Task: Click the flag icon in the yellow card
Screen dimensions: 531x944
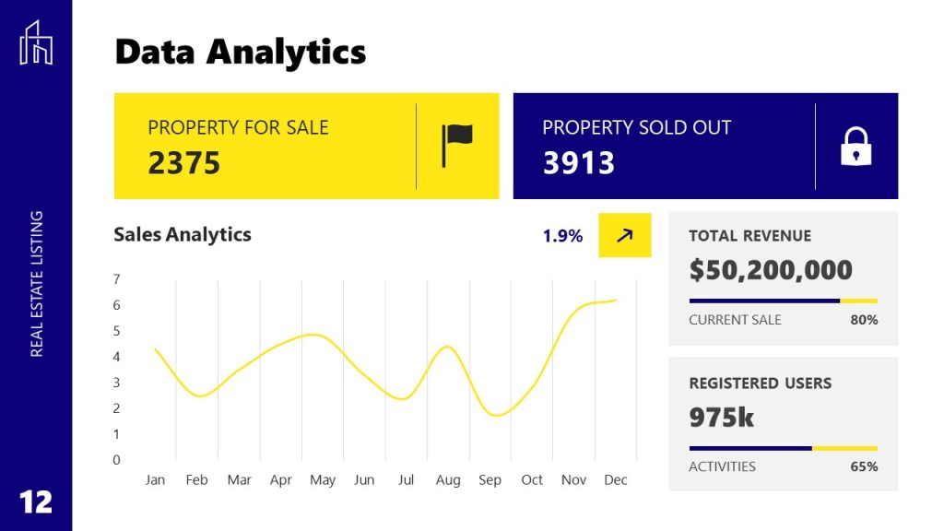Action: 456,146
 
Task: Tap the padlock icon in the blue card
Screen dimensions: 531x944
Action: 855,147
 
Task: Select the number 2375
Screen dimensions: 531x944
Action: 184,163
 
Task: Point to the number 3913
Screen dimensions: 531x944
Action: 578,163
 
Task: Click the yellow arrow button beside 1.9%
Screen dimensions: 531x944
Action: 624,235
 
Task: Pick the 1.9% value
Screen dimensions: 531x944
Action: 562,236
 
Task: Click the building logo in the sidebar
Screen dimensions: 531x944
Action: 36,42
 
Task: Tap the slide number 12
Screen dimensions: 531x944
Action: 36,501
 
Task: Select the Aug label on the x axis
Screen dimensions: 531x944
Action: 448,480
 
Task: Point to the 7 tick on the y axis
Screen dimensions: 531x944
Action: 116,279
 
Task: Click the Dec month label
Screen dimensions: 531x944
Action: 615,480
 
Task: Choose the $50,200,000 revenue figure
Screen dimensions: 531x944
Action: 771,270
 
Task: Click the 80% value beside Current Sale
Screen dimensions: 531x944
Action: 864,320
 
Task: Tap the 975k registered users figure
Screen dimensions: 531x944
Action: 721,418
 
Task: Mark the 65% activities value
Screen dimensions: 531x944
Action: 864,466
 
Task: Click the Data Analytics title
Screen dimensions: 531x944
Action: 240,52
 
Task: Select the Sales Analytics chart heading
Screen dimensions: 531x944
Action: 183,234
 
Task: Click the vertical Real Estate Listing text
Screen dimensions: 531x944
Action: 37,284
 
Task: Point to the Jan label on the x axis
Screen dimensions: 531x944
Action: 155,480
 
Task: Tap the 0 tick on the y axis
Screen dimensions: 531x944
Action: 116,460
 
